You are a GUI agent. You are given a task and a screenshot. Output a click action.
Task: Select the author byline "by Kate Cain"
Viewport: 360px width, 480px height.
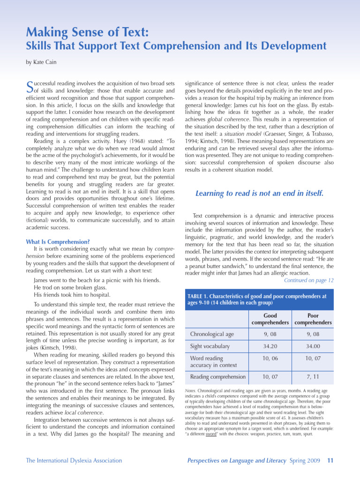point(42,62)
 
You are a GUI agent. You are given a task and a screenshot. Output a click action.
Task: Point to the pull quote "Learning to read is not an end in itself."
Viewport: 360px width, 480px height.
point(259,193)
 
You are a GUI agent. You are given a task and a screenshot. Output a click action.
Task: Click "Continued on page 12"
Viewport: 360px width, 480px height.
point(309,280)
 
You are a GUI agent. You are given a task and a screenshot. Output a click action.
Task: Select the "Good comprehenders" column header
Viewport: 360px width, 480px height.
point(270,319)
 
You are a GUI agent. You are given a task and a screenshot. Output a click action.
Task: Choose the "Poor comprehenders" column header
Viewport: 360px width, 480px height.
point(313,319)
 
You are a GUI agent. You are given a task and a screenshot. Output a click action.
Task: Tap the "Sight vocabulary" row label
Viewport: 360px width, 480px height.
point(210,346)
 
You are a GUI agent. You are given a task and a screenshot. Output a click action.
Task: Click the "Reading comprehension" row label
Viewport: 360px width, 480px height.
point(217,376)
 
